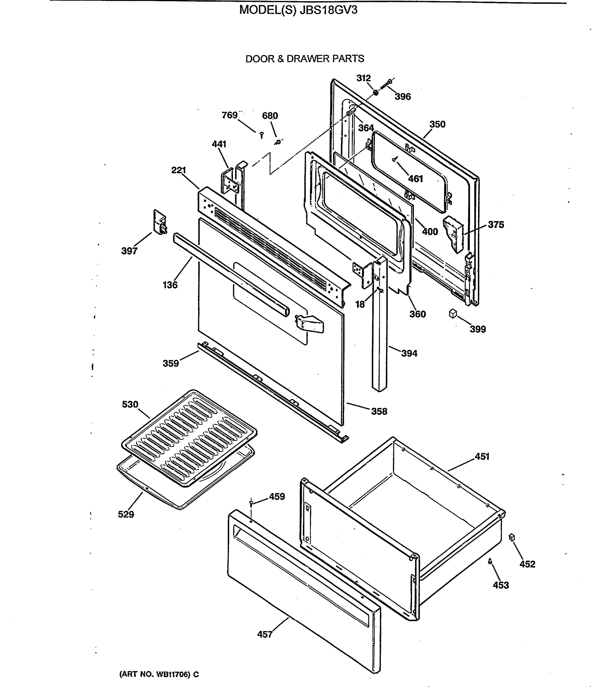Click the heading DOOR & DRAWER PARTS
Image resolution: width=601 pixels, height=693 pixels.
(305, 59)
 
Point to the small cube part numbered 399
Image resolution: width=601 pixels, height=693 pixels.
(453, 313)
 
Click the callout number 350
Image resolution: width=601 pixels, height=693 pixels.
(437, 124)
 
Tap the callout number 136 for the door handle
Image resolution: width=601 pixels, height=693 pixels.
(170, 285)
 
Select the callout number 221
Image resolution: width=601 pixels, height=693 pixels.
(179, 170)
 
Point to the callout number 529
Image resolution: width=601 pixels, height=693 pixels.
(126, 514)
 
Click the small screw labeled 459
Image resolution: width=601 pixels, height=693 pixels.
(251, 502)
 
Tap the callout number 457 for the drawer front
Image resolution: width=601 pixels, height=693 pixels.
(265, 634)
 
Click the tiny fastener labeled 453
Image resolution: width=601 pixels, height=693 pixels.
(490, 561)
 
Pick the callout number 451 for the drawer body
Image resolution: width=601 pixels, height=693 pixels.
(482, 456)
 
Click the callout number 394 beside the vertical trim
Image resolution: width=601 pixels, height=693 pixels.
(409, 353)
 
